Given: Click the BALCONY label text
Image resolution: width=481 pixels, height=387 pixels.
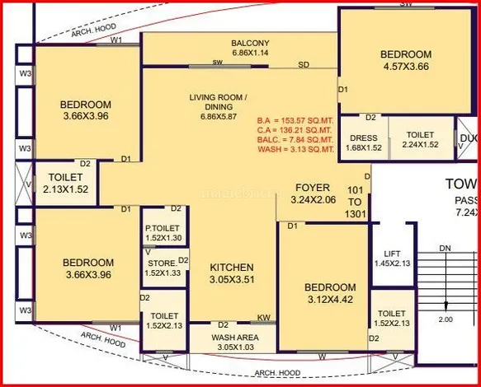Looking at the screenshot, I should point(249,43).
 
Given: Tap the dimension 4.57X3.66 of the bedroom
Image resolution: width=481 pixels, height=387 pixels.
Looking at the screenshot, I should point(405,69).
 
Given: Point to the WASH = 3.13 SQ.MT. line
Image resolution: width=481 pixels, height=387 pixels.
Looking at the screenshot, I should point(295,149).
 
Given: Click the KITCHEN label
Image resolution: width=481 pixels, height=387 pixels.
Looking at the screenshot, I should point(231,268).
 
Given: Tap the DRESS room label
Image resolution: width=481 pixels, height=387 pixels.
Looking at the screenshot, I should point(363,138).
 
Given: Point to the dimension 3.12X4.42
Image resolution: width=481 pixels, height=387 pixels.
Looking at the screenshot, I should point(330,299).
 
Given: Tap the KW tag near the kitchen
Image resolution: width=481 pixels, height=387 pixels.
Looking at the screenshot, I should point(264,317).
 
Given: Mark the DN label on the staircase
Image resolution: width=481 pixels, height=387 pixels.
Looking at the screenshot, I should point(445,247).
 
